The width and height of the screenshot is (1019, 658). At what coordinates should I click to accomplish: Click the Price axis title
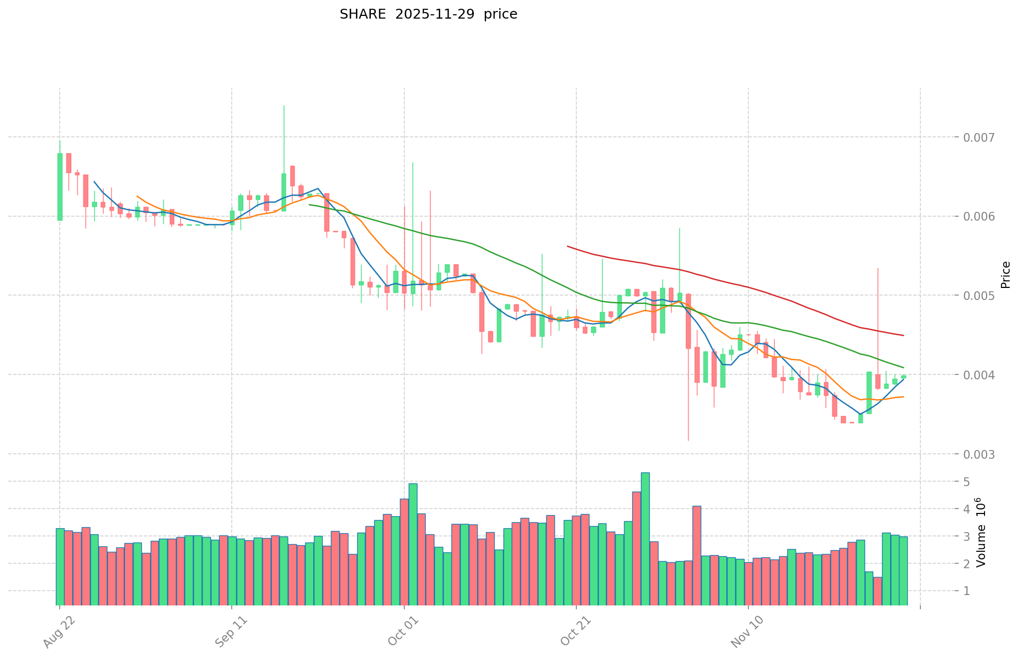click(x=1005, y=275)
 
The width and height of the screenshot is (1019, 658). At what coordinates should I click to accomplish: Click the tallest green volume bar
click(x=645, y=539)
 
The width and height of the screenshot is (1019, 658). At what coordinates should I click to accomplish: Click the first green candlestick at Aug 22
click(x=60, y=187)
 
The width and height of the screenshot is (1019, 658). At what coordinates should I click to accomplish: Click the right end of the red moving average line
click(x=903, y=335)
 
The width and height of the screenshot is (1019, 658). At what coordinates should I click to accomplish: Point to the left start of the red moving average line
click(x=568, y=246)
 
